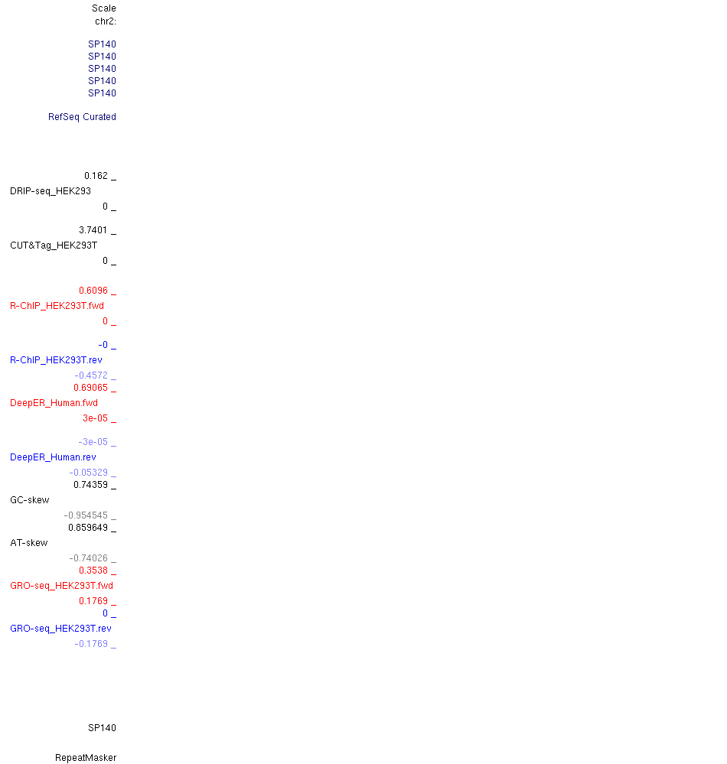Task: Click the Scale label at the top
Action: click(x=104, y=8)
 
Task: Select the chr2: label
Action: click(x=106, y=21)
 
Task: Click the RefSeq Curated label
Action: click(x=82, y=117)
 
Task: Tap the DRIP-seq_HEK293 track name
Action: click(x=51, y=191)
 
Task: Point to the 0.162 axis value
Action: click(x=96, y=176)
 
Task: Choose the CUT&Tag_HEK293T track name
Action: click(x=54, y=245)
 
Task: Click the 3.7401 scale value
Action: click(x=93, y=230)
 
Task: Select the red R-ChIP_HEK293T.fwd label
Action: click(x=57, y=306)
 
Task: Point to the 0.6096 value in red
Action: click(x=93, y=291)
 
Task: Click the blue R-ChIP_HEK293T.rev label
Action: click(x=56, y=360)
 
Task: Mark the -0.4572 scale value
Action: click(x=91, y=375)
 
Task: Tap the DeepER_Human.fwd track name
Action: click(x=54, y=403)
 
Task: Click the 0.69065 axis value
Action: click(x=91, y=388)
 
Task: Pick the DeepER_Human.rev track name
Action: click(x=53, y=457)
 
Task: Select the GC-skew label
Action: click(x=30, y=500)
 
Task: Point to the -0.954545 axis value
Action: click(x=86, y=515)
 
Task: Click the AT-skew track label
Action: click(x=29, y=543)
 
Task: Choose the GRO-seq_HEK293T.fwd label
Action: click(x=61, y=586)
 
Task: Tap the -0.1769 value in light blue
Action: click(x=91, y=644)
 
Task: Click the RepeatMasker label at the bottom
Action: click(x=86, y=758)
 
